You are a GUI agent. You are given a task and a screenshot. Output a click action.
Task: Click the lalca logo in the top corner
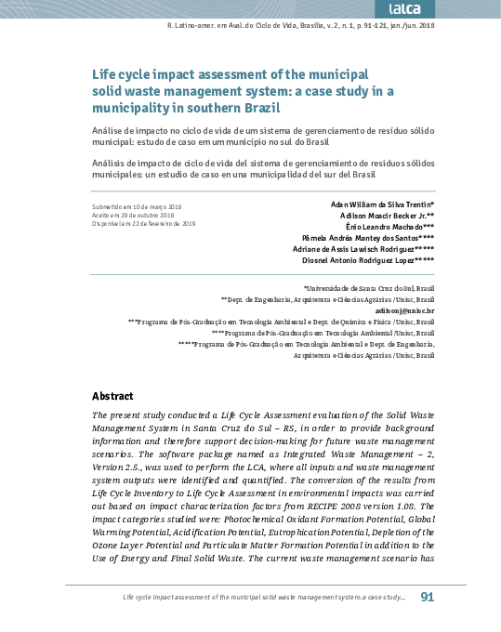click(461, 8)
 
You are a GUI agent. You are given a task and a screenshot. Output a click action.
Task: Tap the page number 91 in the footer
click(428, 597)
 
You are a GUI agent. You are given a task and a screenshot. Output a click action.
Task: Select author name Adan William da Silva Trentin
click(382, 204)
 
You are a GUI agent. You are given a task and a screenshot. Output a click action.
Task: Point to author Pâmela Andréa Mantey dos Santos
click(369, 238)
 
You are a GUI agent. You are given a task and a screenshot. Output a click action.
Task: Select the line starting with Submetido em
click(138, 205)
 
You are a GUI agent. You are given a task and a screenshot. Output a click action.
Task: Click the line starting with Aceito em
click(134, 215)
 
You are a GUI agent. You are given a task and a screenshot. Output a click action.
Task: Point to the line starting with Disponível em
click(143, 224)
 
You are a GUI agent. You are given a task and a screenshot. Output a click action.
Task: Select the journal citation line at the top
click(281, 25)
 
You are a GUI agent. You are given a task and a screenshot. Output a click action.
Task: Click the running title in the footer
click(263, 598)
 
